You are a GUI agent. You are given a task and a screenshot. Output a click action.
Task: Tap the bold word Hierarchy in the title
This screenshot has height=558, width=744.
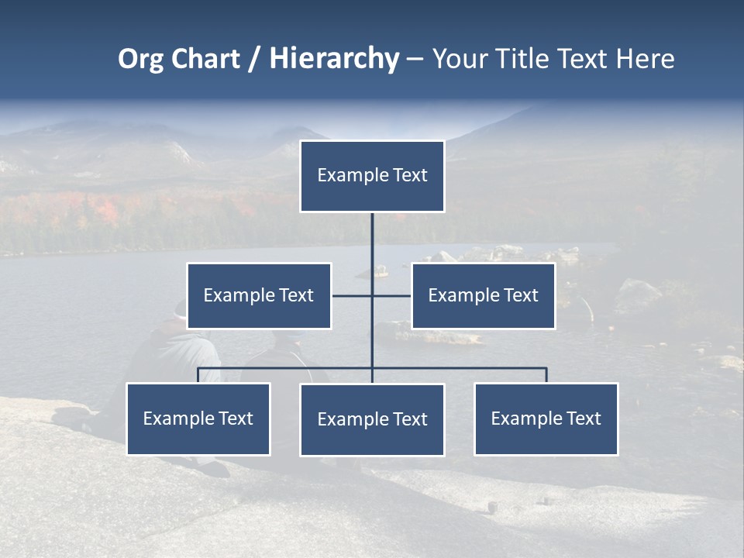tap(334, 59)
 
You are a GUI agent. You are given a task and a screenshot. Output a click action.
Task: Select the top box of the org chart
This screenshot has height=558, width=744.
tap(372, 176)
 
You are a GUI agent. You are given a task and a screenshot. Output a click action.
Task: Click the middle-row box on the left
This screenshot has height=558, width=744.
tap(259, 295)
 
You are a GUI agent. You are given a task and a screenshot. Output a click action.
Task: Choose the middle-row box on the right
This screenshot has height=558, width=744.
tap(483, 295)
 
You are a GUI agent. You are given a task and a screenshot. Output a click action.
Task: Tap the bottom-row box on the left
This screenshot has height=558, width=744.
tap(198, 419)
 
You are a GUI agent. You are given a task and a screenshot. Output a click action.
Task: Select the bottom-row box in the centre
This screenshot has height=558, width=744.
tap(372, 420)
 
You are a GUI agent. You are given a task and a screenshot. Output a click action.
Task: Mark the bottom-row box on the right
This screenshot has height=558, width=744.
tap(546, 419)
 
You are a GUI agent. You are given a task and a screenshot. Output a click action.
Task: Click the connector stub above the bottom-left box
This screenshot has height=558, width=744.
tap(198, 375)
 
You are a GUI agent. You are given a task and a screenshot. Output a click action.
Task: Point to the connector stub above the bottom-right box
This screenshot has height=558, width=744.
tap(546, 375)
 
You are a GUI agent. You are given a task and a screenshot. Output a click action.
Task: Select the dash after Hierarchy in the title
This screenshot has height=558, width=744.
tap(415, 59)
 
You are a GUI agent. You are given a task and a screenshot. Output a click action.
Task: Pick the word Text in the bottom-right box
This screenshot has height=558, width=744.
tap(584, 419)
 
